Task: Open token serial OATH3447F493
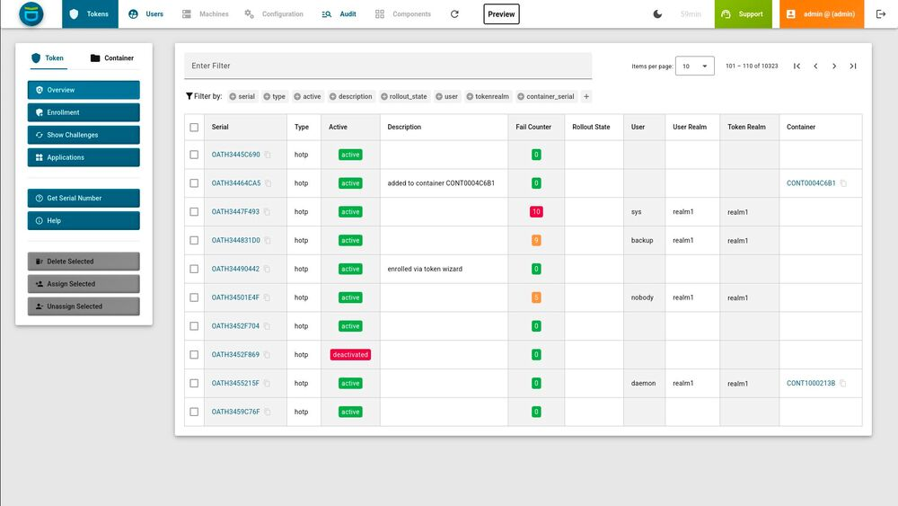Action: point(235,211)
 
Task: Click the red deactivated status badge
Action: point(350,355)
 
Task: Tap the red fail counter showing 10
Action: point(536,211)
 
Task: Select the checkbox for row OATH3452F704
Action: point(194,326)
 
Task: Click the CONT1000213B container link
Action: point(811,384)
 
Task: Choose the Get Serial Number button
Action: point(84,199)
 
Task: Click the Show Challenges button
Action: point(84,135)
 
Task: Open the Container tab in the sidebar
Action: point(111,58)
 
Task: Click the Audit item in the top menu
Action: point(339,13)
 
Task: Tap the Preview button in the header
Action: point(501,14)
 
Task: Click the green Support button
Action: point(743,14)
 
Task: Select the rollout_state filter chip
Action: point(404,96)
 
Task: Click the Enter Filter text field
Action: point(388,66)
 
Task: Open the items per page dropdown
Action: point(695,66)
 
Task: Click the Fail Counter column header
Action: point(533,127)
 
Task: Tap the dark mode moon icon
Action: point(657,14)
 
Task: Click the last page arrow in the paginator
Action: point(853,66)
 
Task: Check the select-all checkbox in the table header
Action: point(194,128)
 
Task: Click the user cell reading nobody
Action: point(642,297)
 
